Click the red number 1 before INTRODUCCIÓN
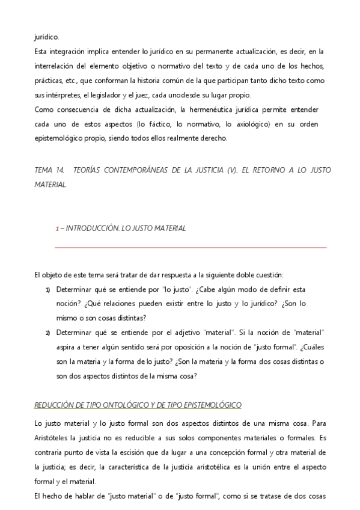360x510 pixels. (x=56, y=229)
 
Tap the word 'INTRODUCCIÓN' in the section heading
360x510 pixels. (x=91, y=229)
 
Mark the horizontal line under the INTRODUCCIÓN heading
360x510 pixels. (x=191, y=247)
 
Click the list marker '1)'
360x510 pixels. (x=47, y=289)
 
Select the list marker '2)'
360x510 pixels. (x=47, y=333)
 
